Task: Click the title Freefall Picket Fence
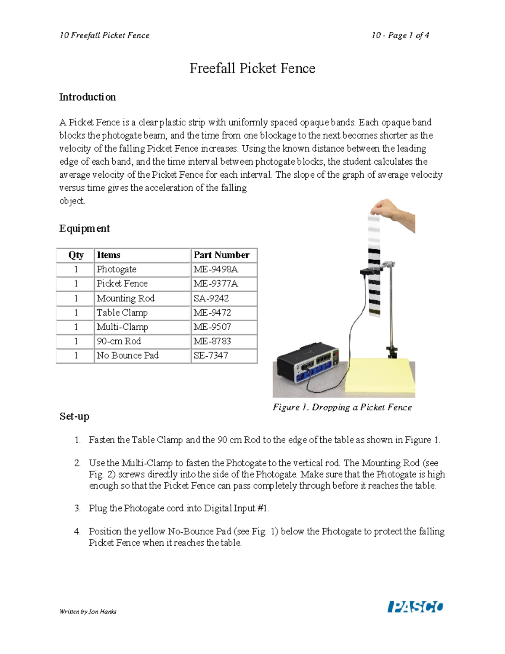coord(252,68)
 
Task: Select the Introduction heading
coord(87,97)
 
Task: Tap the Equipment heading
coord(84,228)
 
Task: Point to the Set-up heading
coord(74,416)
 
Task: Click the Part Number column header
coord(221,255)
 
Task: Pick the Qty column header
coord(76,255)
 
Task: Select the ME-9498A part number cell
coord(216,269)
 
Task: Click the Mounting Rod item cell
coord(125,298)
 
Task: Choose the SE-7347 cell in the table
coord(211,355)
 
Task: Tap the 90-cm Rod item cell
coord(119,341)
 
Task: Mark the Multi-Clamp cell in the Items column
coord(122,327)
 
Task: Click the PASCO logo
coord(415,607)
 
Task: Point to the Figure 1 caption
coord(342,407)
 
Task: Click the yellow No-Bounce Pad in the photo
coord(379,377)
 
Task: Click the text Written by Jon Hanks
coord(88,611)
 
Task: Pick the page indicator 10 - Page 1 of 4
coord(400,35)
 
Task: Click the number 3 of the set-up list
coord(77,508)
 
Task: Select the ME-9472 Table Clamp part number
coord(212,312)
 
